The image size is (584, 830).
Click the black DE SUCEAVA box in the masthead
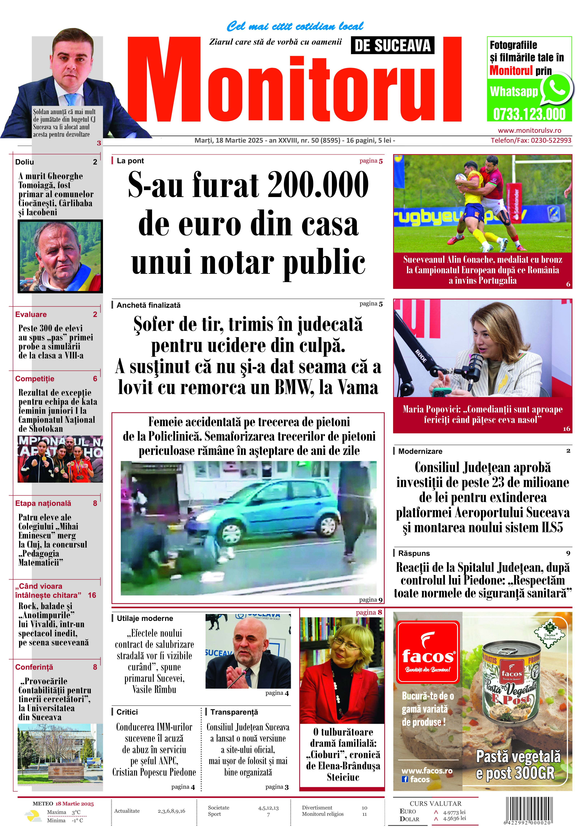[392, 46]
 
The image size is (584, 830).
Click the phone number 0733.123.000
[529, 114]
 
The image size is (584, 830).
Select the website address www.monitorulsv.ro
[529, 131]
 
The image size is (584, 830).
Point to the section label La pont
[130, 161]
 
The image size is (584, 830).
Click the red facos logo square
[428, 649]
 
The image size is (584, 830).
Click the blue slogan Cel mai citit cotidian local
[295, 26]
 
